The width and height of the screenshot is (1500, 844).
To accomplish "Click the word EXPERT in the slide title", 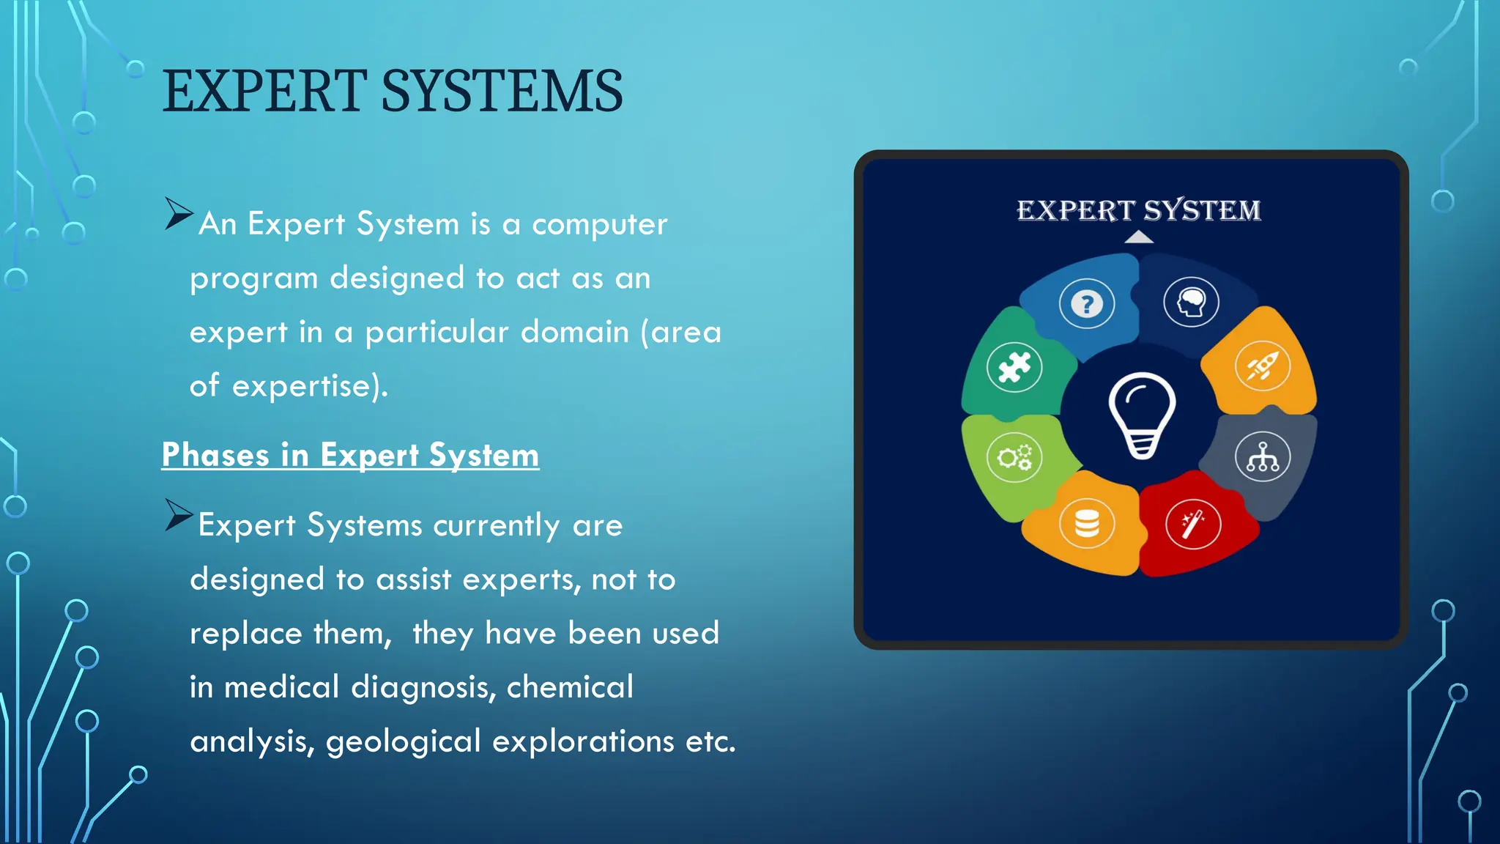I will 264,92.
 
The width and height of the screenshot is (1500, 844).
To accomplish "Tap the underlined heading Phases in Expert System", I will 350,455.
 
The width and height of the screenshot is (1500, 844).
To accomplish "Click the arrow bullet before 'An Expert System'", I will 177,214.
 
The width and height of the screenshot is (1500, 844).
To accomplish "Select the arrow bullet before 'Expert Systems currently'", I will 177,515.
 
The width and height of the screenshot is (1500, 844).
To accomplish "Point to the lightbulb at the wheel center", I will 1142,415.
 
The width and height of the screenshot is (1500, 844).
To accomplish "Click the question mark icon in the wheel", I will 1087,303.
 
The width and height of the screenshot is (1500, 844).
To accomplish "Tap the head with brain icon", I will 1192,302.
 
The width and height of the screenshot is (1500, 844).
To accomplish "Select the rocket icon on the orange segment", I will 1263,366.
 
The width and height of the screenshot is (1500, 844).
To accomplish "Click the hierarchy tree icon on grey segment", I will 1263,457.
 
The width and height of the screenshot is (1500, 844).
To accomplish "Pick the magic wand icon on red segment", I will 1192,524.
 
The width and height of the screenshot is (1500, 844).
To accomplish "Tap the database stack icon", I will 1087,524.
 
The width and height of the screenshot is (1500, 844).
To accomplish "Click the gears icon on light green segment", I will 1014,458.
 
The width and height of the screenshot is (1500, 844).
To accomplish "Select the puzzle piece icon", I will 1014,367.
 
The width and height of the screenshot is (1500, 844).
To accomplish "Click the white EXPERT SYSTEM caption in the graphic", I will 1139,210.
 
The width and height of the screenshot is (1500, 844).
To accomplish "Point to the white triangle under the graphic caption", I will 1139,237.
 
